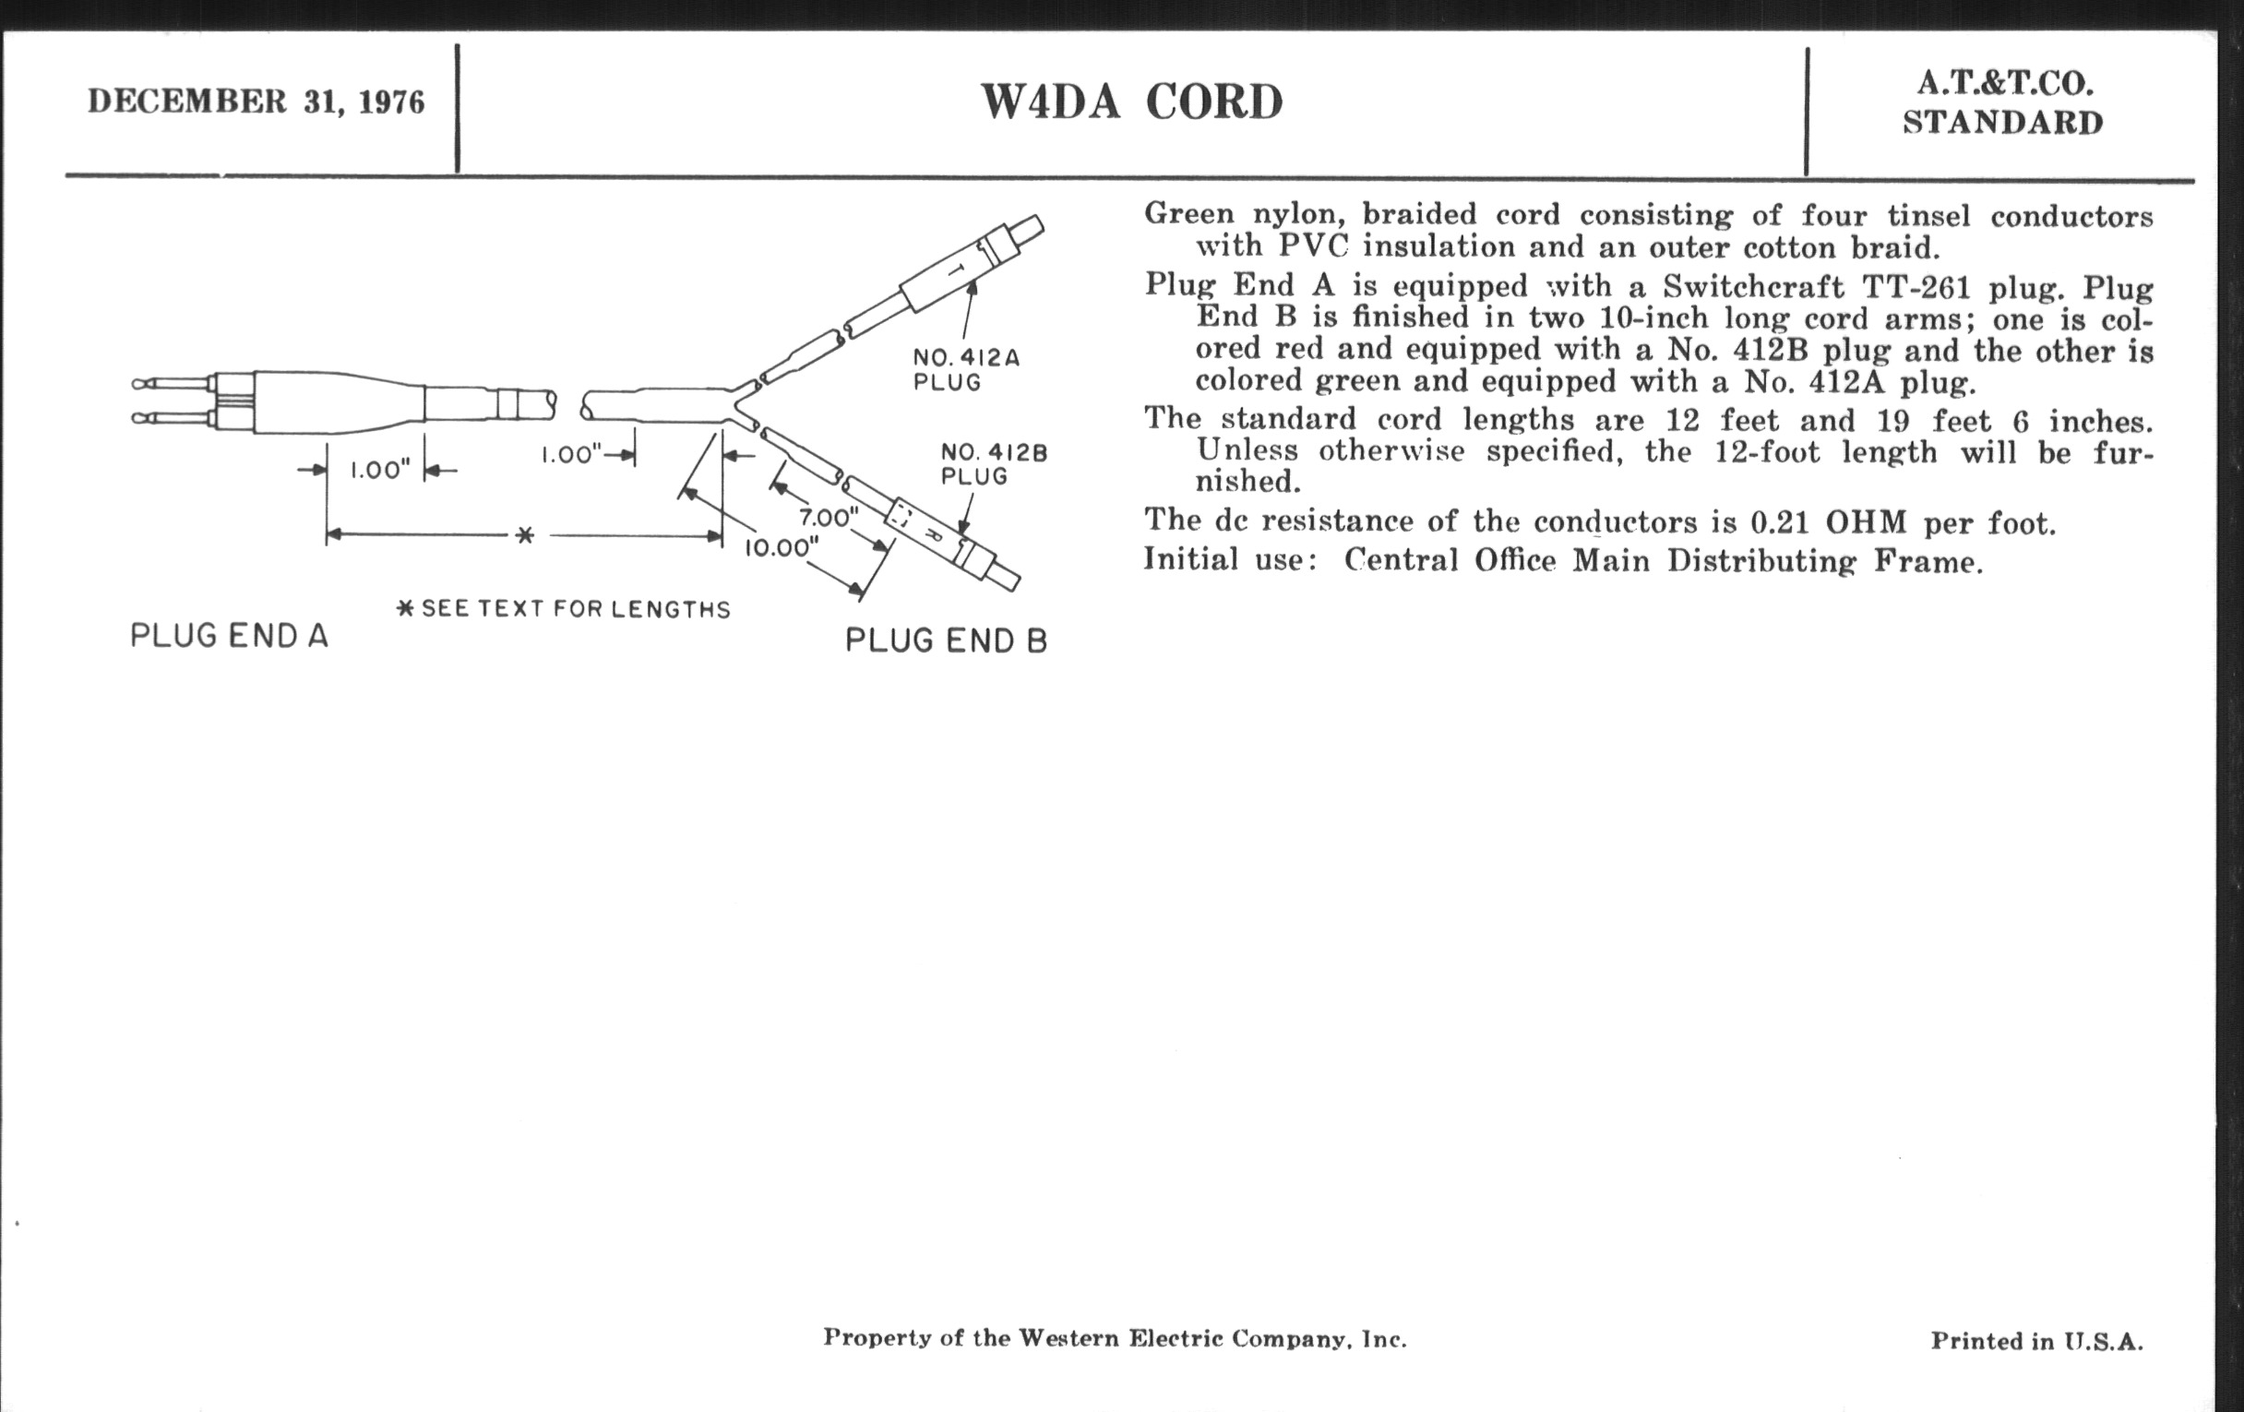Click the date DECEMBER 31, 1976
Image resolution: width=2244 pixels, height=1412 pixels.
257,102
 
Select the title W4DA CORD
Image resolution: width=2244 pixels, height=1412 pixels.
1131,102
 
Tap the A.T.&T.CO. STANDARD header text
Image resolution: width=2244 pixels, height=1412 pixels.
2003,103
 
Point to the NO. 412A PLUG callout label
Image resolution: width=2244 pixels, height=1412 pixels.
965,370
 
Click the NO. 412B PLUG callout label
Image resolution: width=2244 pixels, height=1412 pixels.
994,464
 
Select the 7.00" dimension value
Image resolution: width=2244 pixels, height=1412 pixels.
829,517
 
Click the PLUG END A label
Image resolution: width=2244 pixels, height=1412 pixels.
229,637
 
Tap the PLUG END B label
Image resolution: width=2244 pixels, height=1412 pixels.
946,641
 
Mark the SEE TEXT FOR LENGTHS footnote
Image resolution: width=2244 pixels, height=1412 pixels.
565,609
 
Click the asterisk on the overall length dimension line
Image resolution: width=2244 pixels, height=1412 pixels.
525,536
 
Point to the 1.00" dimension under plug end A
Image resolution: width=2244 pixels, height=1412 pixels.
380,470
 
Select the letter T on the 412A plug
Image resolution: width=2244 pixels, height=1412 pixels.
956,270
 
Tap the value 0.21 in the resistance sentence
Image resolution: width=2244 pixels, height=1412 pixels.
1778,523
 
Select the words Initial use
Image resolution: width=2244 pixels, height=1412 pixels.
1229,560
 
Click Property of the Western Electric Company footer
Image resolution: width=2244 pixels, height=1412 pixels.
1115,1338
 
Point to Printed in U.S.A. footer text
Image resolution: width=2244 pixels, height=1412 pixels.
2036,1341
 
